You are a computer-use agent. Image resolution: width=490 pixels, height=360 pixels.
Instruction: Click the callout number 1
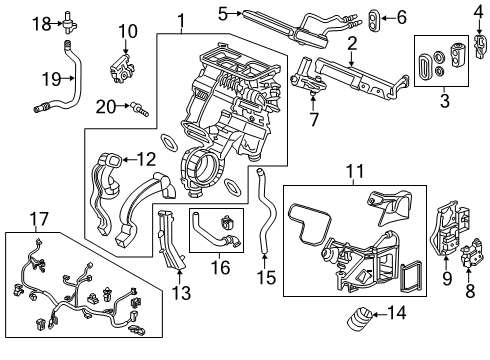coord(181,19)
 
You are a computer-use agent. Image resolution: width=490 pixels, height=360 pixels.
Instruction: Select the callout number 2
coord(351,45)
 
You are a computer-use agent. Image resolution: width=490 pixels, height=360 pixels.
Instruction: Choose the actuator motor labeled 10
coord(127,63)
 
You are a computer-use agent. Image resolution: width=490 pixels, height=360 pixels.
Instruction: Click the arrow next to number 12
coord(128,157)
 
